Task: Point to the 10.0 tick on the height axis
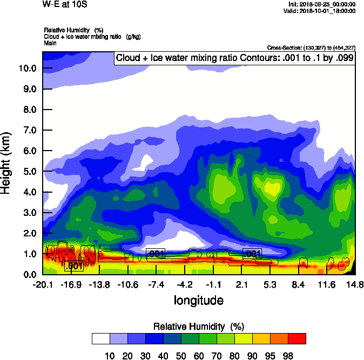coord(27,69)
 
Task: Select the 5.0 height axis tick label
coord(29,172)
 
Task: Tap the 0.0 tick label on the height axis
coord(29,274)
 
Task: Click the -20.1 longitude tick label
coord(42,284)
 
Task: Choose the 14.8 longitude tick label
coord(355,284)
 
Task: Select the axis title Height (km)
coord(7,162)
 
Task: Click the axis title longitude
coord(198,300)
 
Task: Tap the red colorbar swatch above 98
coord(296,339)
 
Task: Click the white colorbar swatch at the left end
coord(101,339)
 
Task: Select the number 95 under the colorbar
coord(269,355)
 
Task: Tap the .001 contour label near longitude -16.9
coord(73,266)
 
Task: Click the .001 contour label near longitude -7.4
coord(156,254)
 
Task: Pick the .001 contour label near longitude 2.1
coord(252,253)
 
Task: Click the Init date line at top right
coord(322,4)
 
